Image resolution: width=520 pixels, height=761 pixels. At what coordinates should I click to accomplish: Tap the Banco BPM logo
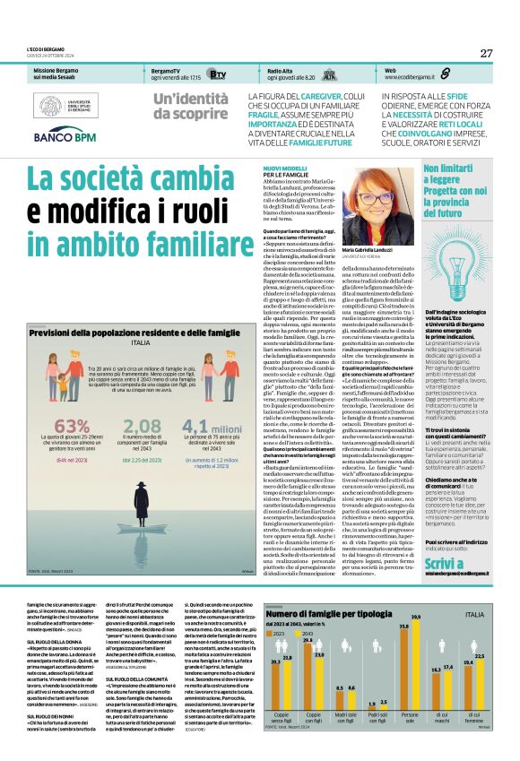point(65,138)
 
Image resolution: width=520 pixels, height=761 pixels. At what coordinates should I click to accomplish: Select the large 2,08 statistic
point(142,427)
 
